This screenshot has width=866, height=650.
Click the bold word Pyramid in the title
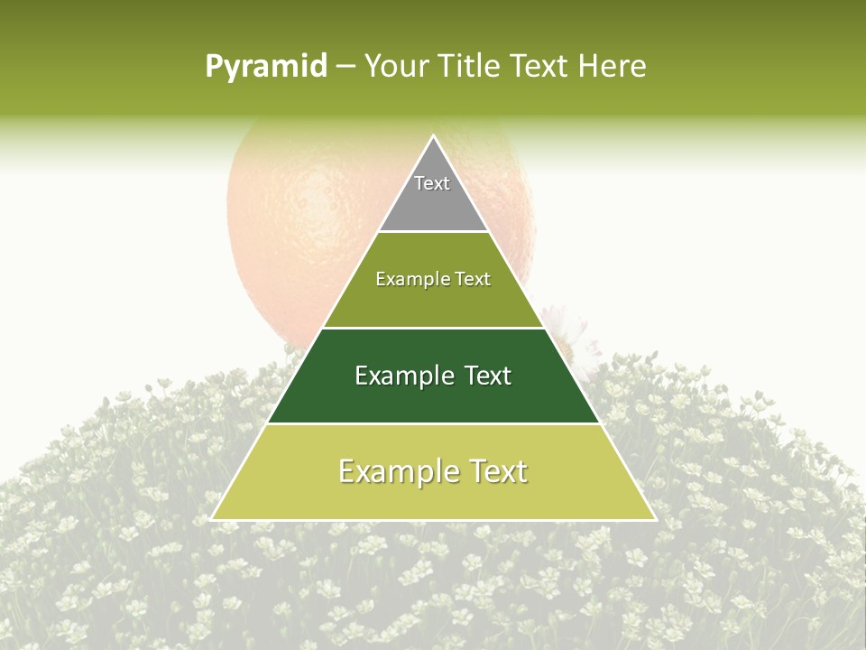[266, 67]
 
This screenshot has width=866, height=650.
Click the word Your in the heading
[394, 67]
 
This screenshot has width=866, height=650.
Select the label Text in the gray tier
[432, 183]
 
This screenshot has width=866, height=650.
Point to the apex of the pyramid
[433, 137]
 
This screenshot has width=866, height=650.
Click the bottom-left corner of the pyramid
[213, 518]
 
